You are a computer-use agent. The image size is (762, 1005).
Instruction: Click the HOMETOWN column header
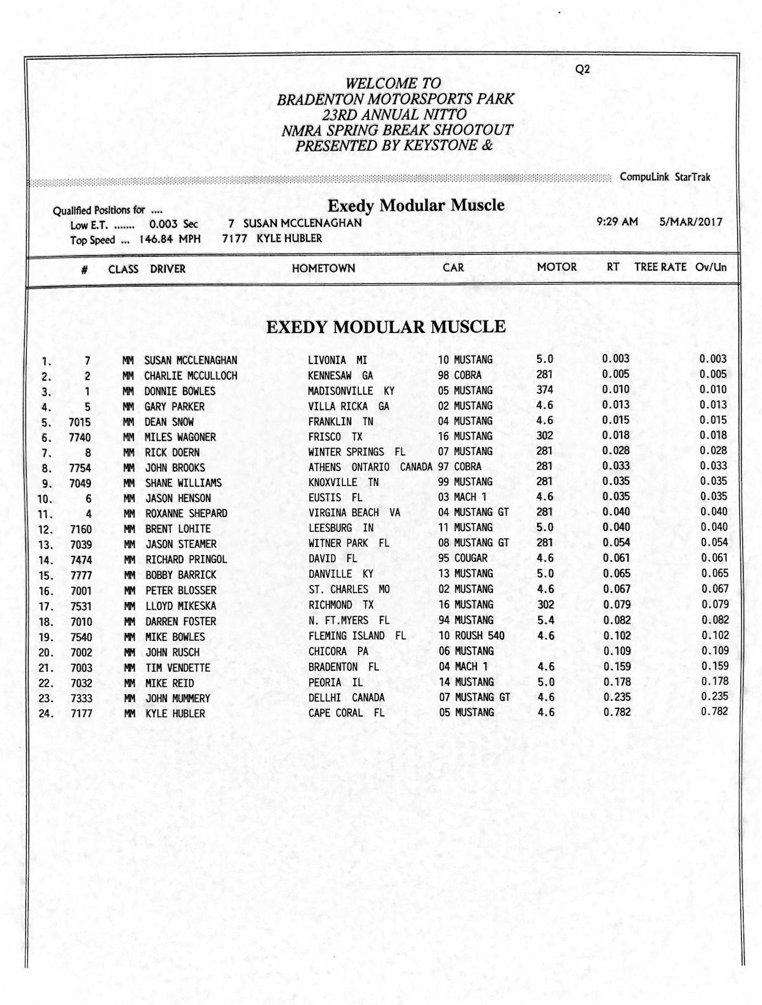pyautogui.click(x=323, y=268)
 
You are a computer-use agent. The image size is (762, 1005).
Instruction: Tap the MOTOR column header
pyautogui.click(x=557, y=267)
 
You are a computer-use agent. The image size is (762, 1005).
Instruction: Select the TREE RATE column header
pyautogui.click(x=660, y=267)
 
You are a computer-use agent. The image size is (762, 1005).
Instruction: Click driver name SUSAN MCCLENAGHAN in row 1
pyautogui.click(x=190, y=360)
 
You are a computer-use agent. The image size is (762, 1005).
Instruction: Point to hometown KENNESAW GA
pyautogui.click(x=340, y=375)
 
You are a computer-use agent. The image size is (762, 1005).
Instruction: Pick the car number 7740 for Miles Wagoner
pyautogui.click(x=80, y=437)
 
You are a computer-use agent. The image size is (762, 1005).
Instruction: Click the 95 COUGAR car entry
pyautogui.click(x=463, y=558)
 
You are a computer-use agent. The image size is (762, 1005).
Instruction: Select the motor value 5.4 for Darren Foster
pyautogui.click(x=545, y=620)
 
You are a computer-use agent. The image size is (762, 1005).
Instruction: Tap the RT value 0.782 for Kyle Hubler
pyautogui.click(x=617, y=712)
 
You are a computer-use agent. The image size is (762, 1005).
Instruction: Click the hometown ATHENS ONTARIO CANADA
pyautogui.click(x=370, y=467)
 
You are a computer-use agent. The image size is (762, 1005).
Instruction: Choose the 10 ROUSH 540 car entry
pyautogui.click(x=471, y=635)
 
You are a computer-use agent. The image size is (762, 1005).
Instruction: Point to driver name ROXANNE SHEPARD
pyautogui.click(x=186, y=513)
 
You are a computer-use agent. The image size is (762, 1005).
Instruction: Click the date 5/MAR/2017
pyautogui.click(x=690, y=222)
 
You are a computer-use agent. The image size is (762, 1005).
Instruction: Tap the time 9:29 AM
pyautogui.click(x=617, y=222)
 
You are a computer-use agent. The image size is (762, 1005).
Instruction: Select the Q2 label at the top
pyautogui.click(x=582, y=69)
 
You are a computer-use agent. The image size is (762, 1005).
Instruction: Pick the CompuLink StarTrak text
pyautogui.click(x=665, y=177)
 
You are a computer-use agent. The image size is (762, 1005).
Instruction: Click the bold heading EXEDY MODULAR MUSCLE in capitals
pyautogui.click(x=386, y=327)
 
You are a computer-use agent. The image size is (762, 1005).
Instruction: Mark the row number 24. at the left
pyautogui.click(x=46, y=713)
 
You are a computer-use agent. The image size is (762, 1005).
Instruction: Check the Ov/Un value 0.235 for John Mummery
pyautogui.click(x=714, y=696)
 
